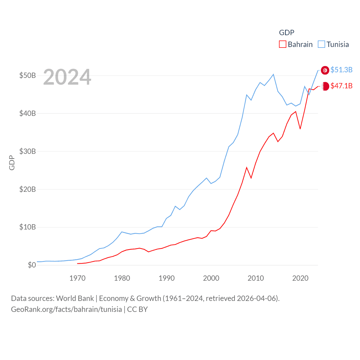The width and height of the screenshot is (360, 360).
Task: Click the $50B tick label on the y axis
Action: click(x=27, y=76)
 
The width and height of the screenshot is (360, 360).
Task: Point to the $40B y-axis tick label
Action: click(x=27, y=114)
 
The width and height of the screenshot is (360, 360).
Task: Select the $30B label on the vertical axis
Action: click(x=27, y=152)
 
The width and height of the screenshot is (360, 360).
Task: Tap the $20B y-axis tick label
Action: click(x=27, y=189)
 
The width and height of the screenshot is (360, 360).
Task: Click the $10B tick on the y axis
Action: click(x=27, y=227)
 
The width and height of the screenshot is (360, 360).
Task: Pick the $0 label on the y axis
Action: click(x=32, y=265)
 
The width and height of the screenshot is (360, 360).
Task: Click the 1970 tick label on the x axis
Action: click(x=77, y=278)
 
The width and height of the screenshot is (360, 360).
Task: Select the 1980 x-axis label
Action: click(x=122, y=278)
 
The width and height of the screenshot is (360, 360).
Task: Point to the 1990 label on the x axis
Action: click(x=166, y=278)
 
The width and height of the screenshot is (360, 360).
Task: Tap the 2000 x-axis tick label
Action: click(x=211, y=278)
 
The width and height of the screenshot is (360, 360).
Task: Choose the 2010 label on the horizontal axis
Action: click(x=256, y=278)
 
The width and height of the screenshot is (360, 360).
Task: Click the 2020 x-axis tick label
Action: click(x=300, y=278)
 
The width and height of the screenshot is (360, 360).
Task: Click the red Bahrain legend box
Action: click(x=282, y=44)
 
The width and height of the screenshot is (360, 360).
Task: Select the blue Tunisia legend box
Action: click(x=321, y=44)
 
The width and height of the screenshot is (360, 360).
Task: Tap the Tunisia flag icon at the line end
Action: click(x=325, y=70)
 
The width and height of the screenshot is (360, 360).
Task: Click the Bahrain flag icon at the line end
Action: click(x=325, y=86)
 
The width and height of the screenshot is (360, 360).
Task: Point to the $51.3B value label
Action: click(x=341, y=70)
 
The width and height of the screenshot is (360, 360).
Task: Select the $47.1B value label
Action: click(x=341, y=86)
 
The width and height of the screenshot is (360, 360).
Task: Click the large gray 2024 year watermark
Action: click(x=67, y=77)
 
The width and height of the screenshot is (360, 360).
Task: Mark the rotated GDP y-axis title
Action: click(x=12, y=163)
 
